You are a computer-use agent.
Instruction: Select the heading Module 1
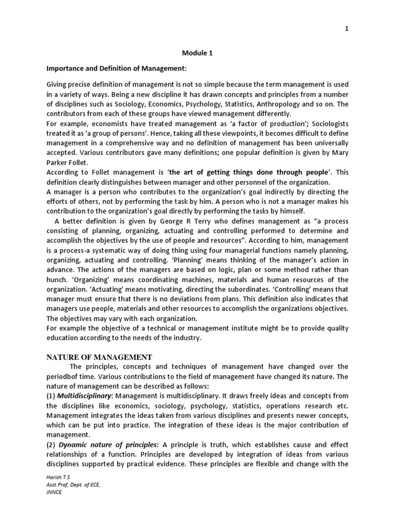(197, 52)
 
